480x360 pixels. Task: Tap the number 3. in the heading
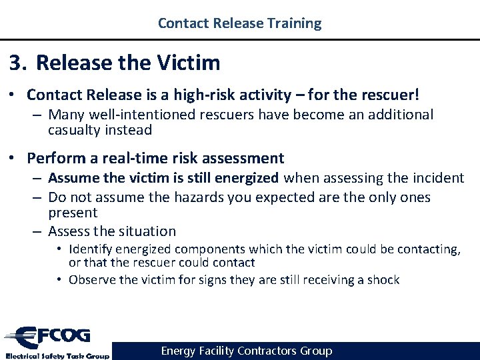point(18,63)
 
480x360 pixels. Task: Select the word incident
point(439,178)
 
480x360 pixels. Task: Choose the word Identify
point(93,249)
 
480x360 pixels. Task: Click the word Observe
point(93,280)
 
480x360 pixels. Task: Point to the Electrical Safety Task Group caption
point(57,355)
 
